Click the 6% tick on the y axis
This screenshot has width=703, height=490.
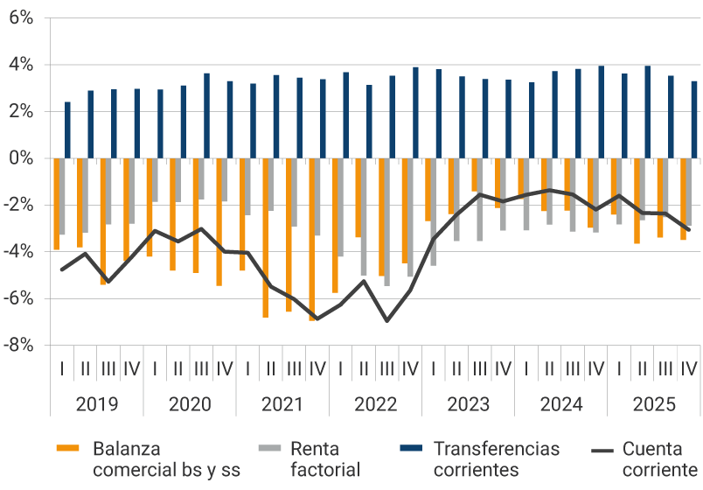point(21,17)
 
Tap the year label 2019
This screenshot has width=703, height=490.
point(96,405)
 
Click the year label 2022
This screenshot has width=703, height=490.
point(375,405)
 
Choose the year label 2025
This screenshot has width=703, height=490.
point(653,405)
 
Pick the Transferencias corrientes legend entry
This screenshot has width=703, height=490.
point(496,459)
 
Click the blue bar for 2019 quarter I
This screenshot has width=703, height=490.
point(67,130)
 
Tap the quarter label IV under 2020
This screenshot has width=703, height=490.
point(224,368)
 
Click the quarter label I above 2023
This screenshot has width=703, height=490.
point(433,368)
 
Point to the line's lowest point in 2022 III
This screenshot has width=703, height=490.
point(386,320)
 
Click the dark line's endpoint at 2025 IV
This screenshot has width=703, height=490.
point(689,229)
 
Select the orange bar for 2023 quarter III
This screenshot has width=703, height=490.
point(475,175)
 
